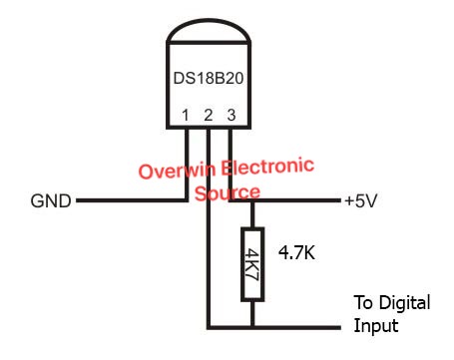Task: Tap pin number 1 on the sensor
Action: [x=186, y=117]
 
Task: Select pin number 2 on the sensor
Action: [x=208, y=117]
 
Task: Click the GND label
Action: [x=50, y=201]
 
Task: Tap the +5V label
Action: [x=362, y=201]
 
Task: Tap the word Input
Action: [x=376, y=325]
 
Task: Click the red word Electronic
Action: [x=265, y=165]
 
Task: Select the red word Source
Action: [x=228, y=190]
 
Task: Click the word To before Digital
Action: [x=365, y=303]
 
